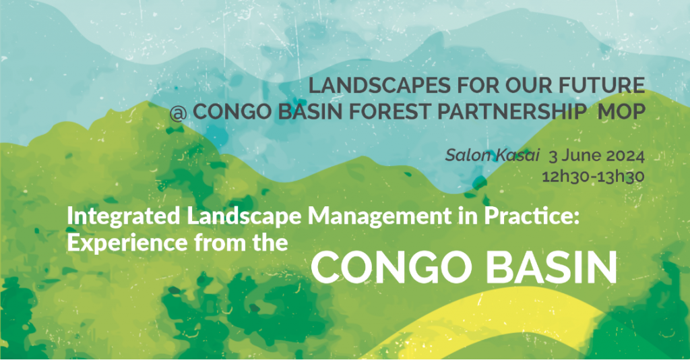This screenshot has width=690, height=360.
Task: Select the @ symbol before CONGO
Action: [178, 113]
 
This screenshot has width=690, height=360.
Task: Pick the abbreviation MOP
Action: [621, 112]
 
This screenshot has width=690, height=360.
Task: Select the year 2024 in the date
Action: [625, 156]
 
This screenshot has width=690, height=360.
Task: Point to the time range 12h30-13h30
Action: [593, 177]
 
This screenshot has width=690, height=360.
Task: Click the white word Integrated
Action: [124, 217]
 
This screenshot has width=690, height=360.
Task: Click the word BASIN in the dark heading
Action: [310, 112]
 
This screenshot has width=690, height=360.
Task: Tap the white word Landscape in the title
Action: [244, 217]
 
